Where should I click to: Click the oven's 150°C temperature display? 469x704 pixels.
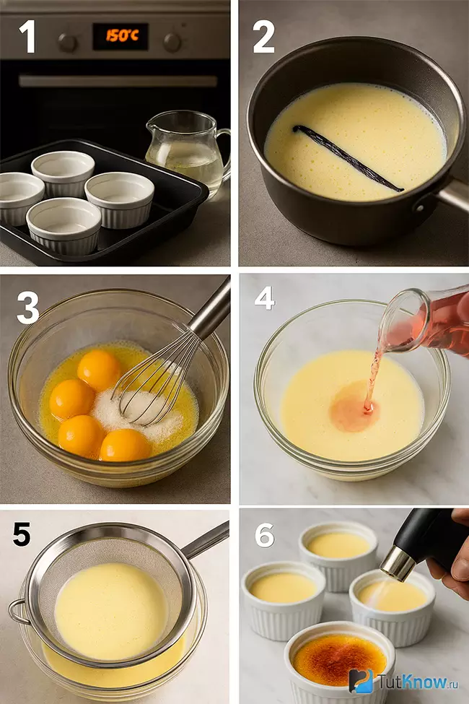point(120,36)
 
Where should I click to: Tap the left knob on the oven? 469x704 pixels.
point(67,43)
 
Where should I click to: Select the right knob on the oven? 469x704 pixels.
point(172,42)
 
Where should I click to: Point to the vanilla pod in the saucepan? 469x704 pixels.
point(348,158)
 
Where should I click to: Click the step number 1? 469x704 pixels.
point(28,37)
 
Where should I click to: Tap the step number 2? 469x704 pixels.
point(263,38)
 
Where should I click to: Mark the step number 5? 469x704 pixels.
point(22,534)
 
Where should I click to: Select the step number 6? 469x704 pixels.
point(264,535)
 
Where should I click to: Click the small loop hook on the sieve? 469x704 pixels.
point(17,611)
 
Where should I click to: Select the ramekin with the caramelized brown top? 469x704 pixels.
point(339,660)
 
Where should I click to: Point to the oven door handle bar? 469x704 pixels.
point(118,82)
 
